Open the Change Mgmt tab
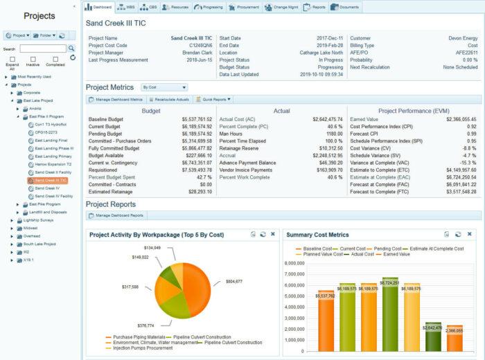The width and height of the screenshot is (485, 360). (x=282, y=7)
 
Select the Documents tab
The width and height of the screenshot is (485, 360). (x=347, y=7)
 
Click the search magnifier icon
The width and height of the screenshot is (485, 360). (x=71, y=48)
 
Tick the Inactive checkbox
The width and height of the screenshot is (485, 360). (x=32, y=60)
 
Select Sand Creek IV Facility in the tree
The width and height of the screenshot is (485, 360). (x=53, y=196)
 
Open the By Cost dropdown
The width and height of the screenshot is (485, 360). (x=164, y=88)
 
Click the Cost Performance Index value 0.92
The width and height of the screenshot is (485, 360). (x=471, y=126)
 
